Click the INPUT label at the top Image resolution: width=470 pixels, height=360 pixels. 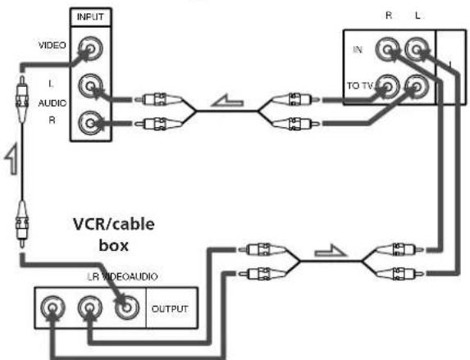90,16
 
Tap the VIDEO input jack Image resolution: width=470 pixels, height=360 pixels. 90,48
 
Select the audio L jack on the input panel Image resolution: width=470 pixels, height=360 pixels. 90,86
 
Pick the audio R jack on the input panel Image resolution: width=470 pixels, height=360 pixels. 90,123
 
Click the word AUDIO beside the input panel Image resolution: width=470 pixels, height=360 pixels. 52,103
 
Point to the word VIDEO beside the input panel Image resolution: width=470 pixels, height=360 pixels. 52,45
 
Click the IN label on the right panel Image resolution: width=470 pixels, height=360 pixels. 358,49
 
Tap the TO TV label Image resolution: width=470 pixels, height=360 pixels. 360,86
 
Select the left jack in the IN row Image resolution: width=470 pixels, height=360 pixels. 388,49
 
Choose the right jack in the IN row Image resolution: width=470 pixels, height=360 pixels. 417,49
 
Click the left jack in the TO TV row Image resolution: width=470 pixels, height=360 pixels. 388,86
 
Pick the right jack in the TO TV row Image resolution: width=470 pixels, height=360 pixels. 417,86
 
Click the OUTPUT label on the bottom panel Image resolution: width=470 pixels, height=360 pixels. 170,308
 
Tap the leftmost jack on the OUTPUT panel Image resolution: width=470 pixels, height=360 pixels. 52,308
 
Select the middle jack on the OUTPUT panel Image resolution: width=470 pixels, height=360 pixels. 90,308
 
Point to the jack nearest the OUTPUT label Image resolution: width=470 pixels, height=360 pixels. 127,308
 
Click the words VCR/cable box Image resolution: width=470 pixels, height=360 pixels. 114,235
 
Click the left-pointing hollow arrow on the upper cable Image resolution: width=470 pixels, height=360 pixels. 227,101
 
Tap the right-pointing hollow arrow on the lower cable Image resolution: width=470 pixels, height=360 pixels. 331,251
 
